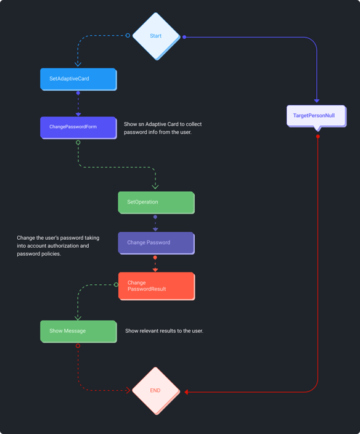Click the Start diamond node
pyautogui.click(x=156, y=36)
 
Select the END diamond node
pyautogui.click(x=155, y=390)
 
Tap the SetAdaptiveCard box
pyautogui.click(x=78, y=79)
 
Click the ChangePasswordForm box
pyautogui.click(x=78, y=127)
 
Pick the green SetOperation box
pyautogui.click(x=156, y=202)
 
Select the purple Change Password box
pyautogui.click(x=156, y=242)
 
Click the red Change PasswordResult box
pyautogui.click(x=156, y=286)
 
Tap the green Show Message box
pyautogui.click(x=78, y=331)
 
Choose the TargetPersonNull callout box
pyautogui.click(x=316, y=115)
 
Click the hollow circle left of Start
pyautogui.click(x=128, y=36)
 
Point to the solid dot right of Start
pyautogui.click(x=184, y=37)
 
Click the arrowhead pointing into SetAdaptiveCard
pyautogui.click(x=78, y=63)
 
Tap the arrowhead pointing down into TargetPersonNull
pyautogui.click(x=317, y=100)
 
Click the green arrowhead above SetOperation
pyautogui.click(x=155, y=186)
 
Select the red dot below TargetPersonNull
pyautogui.click(x=318, y=136)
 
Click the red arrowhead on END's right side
pyautogui.click(x=187, y=391)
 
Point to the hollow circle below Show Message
pyautogui.click(x=78, y=346)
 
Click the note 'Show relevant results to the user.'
pyautogui.click(x=164, y=331)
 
